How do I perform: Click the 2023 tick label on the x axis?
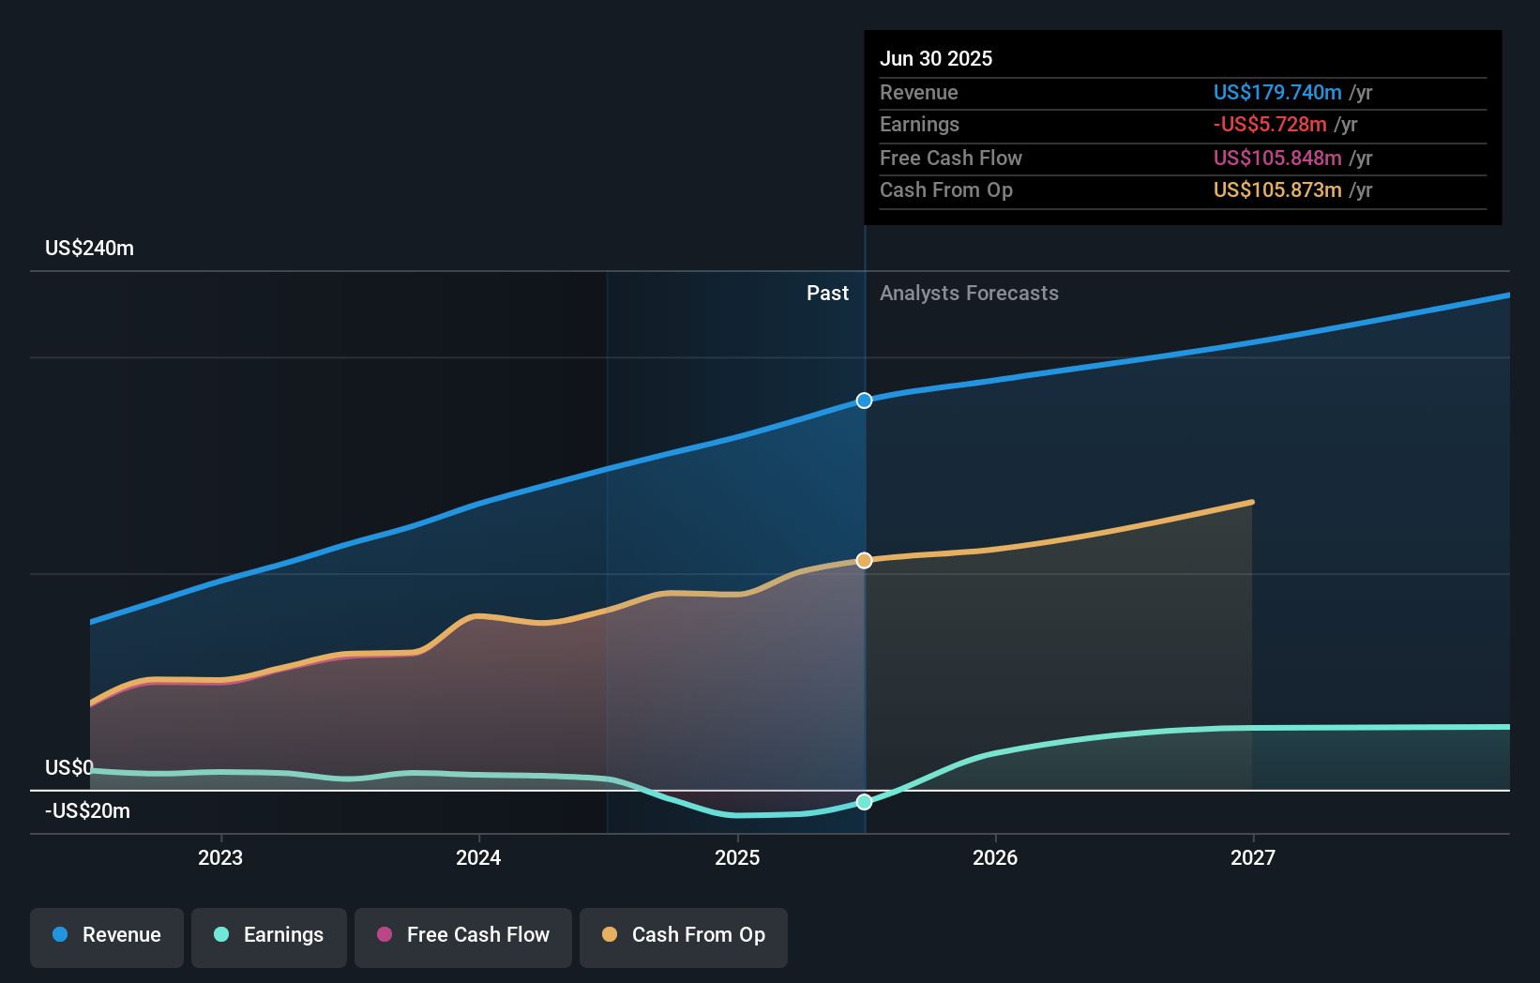[x=220, y=857]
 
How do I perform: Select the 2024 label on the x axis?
[x=478, y=857]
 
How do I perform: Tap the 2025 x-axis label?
[x=737, y=857]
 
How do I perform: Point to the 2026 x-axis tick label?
[x=995, y=857]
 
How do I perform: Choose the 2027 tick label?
[x=1253, y=857]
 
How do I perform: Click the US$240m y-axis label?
[x=89, y=249]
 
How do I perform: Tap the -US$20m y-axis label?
[x=87, y=811]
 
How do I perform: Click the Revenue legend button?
[x=107, y=935]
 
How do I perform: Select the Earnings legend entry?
[x=269, y=935]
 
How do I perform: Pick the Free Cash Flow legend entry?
[x=463, y=935]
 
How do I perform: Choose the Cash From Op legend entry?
[x=684, y=935]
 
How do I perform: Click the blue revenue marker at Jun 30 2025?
[x=864, y=401]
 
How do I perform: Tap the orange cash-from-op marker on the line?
[x=864, y=560]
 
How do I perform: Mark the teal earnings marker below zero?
[x=864, y=802]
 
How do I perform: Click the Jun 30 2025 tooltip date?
[x=936, y=58]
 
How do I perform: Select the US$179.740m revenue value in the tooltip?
[x=1277, y=92]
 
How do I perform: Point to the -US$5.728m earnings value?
[x=1270, y=125]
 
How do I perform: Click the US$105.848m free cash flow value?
[x=1277, y=158]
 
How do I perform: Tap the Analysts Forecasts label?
[x=969, y=294]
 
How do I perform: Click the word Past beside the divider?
[x=827, y=294]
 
